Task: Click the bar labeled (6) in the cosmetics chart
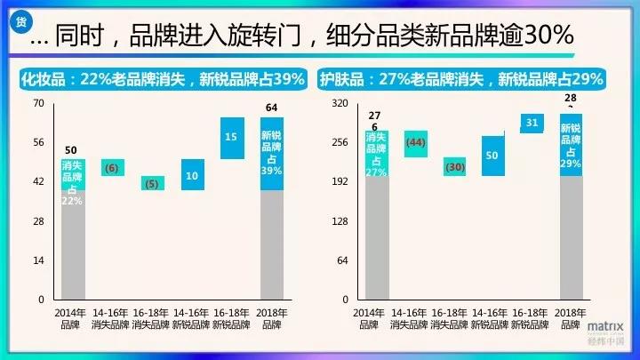click(112, 168)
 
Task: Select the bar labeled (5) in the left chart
click(151, 184)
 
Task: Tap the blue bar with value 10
click(192, 175)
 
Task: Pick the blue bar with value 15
click(232, 138)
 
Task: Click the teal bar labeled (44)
click(415, 143)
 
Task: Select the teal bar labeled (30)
click(455, 167)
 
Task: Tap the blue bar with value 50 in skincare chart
click(492, 156)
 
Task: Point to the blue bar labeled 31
click(532, 123)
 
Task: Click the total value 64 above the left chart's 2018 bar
click(272, 108)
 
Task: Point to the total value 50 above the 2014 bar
click(72, 149)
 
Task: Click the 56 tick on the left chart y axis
click(37, 142)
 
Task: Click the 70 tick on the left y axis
click(37, 103)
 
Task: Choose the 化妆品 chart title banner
click(163, 79)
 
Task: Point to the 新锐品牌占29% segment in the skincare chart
click(571, 146)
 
